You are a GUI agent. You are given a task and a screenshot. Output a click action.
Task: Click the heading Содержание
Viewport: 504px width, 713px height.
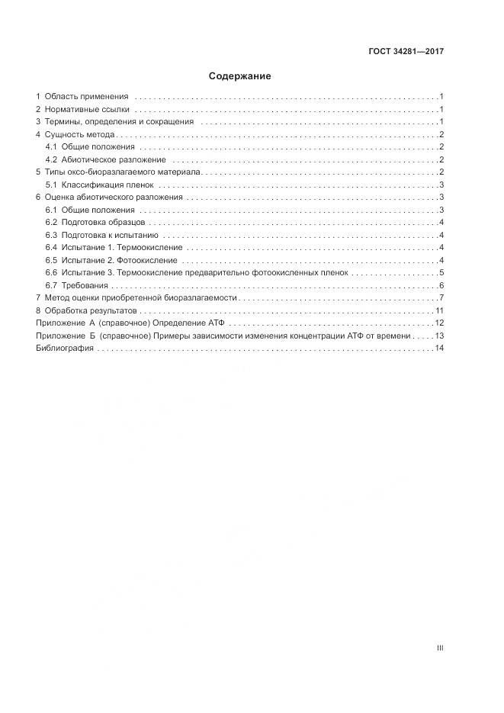pyautogui.click(x=240, y=76)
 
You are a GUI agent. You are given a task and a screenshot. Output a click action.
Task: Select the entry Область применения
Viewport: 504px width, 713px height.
pyautogui.click(x=86, y=97)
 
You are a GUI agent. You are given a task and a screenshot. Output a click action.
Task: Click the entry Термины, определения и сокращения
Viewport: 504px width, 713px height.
pyautogui.click(x=119, y=121)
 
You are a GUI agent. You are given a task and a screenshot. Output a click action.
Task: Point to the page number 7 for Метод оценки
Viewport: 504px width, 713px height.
pyautogui.click(x=441, y=297)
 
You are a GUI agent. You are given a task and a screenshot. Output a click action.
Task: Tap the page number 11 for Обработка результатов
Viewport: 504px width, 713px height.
pyautogui.click(x=439, y=310)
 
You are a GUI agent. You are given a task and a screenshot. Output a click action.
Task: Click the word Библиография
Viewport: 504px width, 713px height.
pyautogui.click(x=65, y=348)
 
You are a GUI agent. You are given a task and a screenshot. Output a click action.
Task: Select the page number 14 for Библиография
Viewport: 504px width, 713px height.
pyautogui.click(x=439, y=348)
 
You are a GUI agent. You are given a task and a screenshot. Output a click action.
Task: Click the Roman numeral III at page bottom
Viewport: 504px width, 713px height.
pyautogui.click(x=440, y=648)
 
